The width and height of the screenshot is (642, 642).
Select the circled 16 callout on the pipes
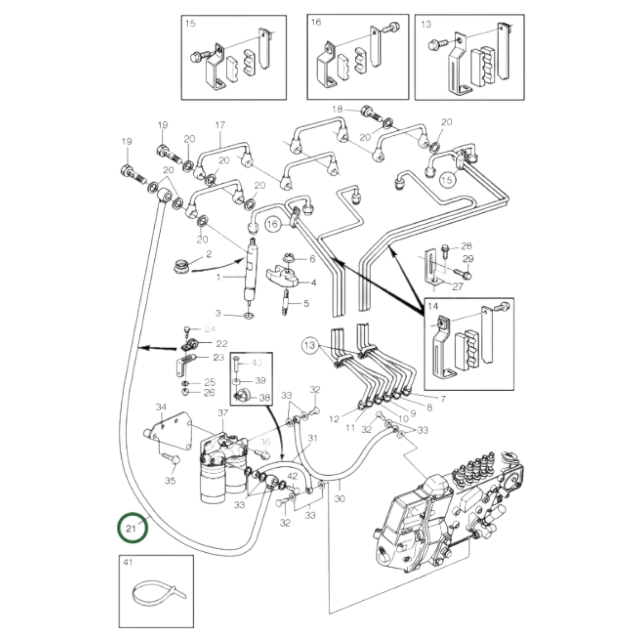tap(272, 224)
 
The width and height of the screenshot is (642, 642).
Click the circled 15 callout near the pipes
tap(447, 180)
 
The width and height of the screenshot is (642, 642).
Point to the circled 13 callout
tap(309, 345)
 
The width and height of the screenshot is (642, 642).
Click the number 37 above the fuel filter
tap(223, 413)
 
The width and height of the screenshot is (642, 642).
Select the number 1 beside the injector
tap(218, 277)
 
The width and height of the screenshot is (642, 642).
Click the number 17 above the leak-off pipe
tap(220, 125)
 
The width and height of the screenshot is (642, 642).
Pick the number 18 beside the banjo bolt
tap(337, 109)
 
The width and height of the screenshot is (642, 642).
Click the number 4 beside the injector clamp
tap(313, 283)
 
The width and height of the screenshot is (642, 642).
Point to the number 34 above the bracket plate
tap(161, 407)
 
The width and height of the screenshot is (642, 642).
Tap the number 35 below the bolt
tap(170, 480)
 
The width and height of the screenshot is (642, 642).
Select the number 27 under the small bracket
tap(458, 286)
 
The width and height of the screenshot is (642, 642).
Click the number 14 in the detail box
tap(433, 306)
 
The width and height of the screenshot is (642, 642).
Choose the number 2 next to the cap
tap(209, 254)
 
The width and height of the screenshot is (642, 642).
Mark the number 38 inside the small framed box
tap(264, 398)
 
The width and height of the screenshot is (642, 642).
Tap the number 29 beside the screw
tap(468, 259)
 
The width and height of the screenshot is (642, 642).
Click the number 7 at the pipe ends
tap(443, 399)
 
